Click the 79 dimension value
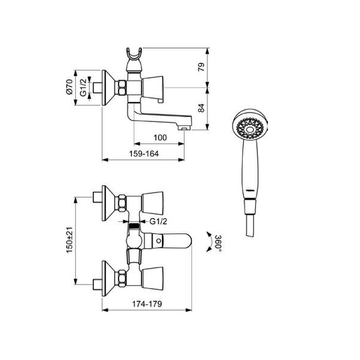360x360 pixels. tap(201, 67)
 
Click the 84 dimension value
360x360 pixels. tap(201, 108)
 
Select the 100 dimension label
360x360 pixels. tap(160, 138)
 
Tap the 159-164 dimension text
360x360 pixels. tap(144, 153)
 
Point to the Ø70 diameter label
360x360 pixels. tap(69, 87)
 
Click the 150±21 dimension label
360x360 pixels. tap(69, 240)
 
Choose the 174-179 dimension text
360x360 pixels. tap(147, 304)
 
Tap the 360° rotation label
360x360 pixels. tap(219, 243)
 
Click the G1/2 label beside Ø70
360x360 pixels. tap(83, 87)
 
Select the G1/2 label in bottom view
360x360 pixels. tap(158, 221)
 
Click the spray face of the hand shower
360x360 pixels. tap(249, 129)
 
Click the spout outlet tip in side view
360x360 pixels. tap(185, 128)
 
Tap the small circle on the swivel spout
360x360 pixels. tap(159, 241)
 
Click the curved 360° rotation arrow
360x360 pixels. tap(209, 242)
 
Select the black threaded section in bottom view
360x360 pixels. tap(134, 225)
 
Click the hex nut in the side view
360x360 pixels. tap(122, 88)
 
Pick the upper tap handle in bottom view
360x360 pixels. tap(153, 203)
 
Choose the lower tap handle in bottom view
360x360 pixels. tap(153, 278)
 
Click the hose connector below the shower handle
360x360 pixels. tap(249, 207)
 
